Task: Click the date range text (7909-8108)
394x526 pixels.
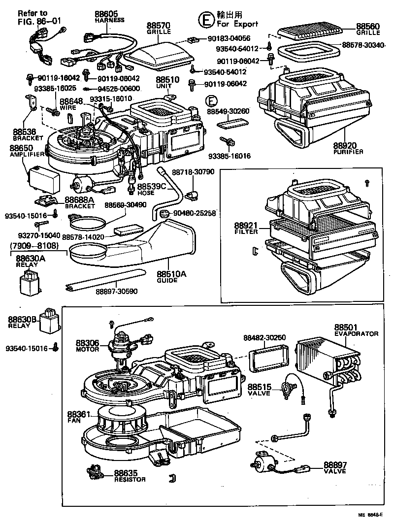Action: [33, 245]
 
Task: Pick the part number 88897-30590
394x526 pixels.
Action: [117, 292]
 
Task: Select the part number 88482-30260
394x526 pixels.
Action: [264, 337]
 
